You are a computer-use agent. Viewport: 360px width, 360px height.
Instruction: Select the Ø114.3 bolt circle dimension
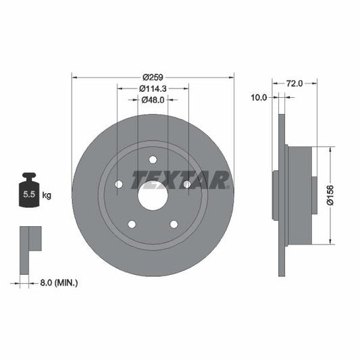click(153, 88)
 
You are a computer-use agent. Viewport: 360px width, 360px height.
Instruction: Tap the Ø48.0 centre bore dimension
click(153, 100)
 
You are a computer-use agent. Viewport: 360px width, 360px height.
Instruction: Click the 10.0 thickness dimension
click(259, 97)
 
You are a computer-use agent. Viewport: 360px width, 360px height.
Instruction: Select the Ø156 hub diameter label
click(331, 195)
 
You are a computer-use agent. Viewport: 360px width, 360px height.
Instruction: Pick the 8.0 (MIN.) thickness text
click(58, 283)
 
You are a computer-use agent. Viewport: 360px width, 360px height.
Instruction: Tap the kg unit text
click(47, 195)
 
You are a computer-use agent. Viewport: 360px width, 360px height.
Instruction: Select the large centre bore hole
click(153, 195)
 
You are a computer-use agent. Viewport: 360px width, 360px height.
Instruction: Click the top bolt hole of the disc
click(153, 159)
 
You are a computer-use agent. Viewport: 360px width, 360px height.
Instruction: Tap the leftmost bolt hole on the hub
click(119, 184)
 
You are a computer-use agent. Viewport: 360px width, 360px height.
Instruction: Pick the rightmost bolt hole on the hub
click(187, 184)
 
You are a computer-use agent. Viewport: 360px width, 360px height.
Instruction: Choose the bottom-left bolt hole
click(132, 224)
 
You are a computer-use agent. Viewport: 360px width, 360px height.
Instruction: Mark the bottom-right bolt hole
click(174, 224)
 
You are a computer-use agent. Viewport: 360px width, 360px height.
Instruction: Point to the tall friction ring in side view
click(282, 195)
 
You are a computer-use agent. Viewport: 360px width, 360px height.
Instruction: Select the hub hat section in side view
click(301, 195)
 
